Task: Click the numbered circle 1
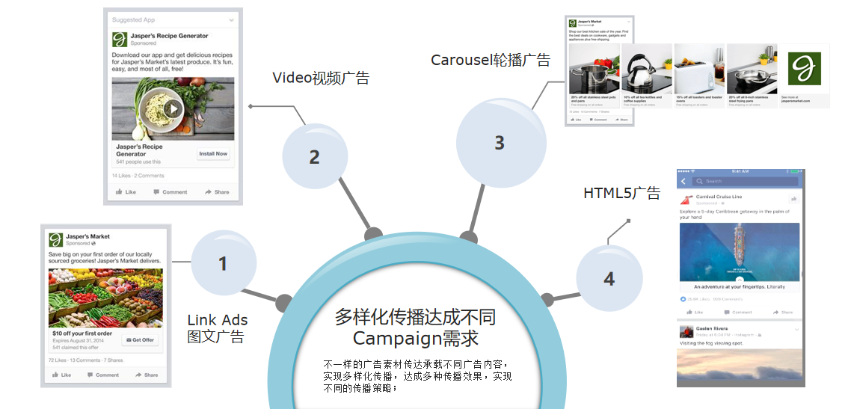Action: tap(223, 263)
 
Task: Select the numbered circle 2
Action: tap(315, 157)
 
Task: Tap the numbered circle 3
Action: tap(500, 143)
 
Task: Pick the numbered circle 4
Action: tap(609, 279)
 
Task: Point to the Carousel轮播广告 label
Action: tap(490, 61)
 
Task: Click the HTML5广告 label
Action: tap(621, 194)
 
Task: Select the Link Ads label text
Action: tap(217, 321)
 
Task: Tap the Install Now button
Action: tap(212, 154)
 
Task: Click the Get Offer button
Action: tap(140, 340)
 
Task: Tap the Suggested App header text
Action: tap(133, 20)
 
